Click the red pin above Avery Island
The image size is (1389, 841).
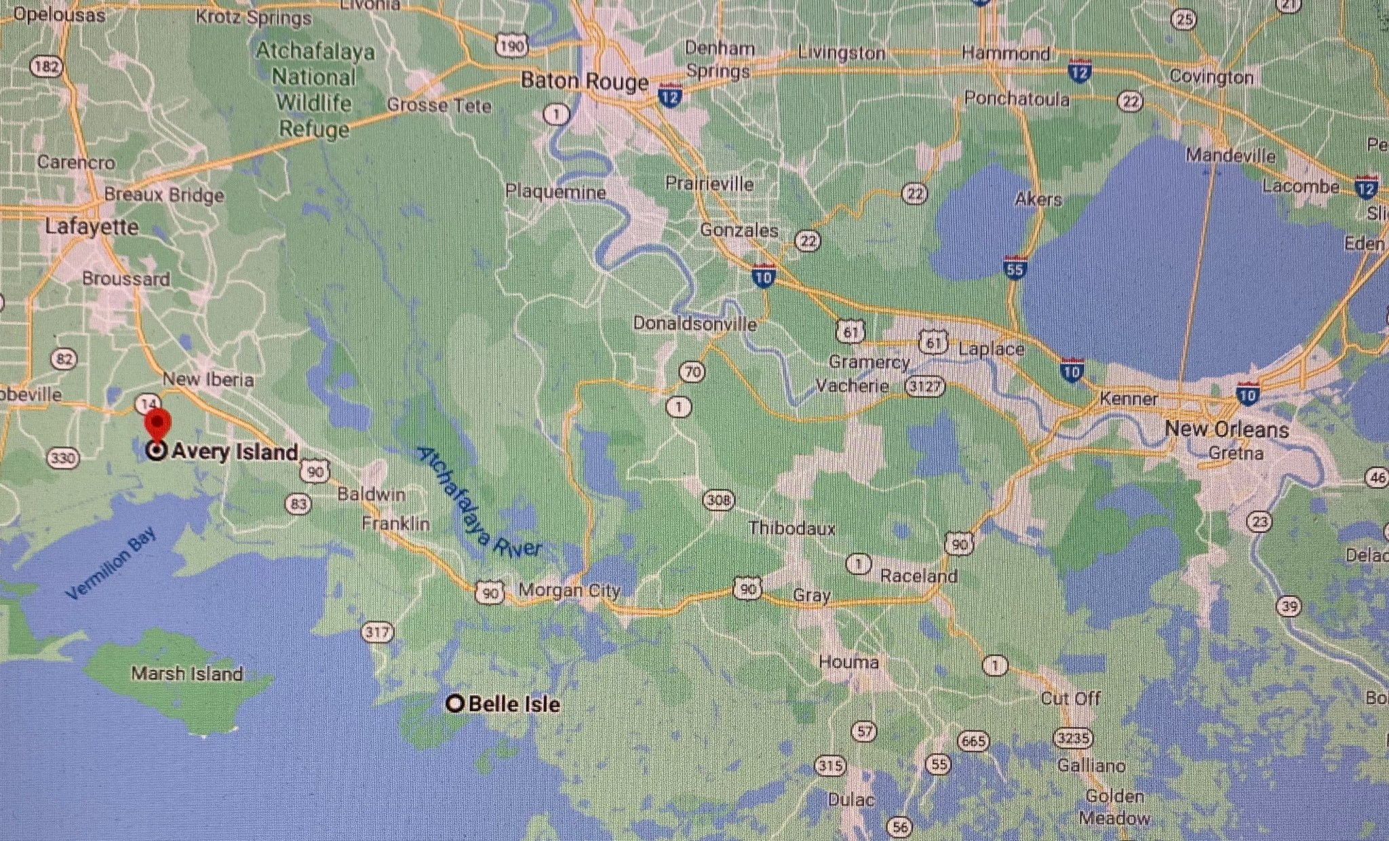(x=157, y=423)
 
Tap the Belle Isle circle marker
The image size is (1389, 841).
(x=455, y=704)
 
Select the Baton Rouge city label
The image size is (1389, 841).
(x=584, y=81)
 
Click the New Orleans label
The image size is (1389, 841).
(x=1226, y=429)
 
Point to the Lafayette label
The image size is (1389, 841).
(x=92, y=227)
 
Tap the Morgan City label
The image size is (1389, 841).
(x=569, y=590)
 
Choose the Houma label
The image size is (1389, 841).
(x=848, y=662)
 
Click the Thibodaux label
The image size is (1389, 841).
(x=791, y=528)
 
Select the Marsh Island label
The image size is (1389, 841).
(x=187, y=673)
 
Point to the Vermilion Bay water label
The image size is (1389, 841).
(x=111, y=564)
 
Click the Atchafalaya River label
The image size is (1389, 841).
(x=479, y=503)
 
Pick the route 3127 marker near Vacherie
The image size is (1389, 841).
(x=924, y=387)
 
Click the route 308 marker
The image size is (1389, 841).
(x=718, y=501)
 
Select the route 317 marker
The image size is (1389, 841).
(x=377, y=633)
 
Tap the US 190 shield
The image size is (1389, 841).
(x=511, y=46)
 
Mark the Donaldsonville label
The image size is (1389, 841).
(x=694, y=324)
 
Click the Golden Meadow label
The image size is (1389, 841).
(x=1114, y=807)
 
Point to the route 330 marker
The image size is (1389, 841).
(x=62, y=458)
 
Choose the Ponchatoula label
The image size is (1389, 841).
(x=1016, y=99)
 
